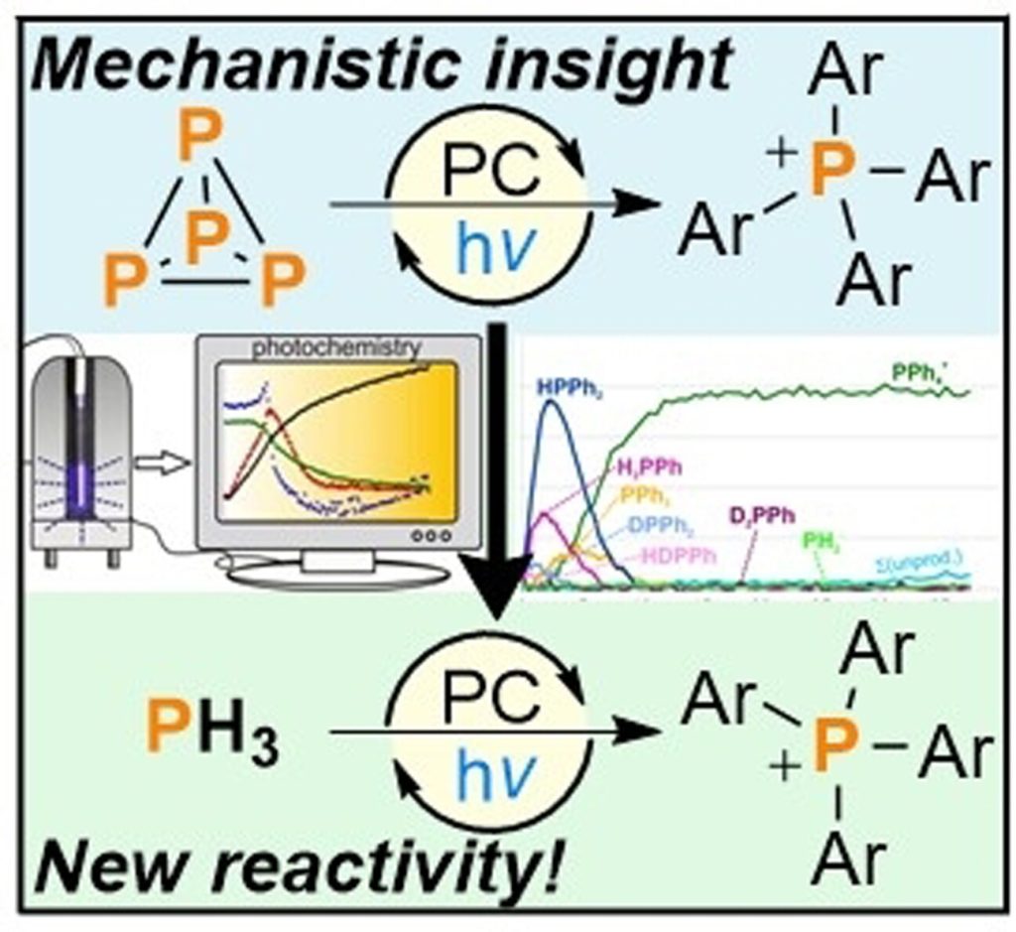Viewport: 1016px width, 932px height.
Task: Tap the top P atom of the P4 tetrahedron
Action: [x=202, y=140]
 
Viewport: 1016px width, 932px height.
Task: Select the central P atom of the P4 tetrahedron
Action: [x=204, y=239]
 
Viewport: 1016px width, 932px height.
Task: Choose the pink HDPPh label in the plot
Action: [x=680, y=556]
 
